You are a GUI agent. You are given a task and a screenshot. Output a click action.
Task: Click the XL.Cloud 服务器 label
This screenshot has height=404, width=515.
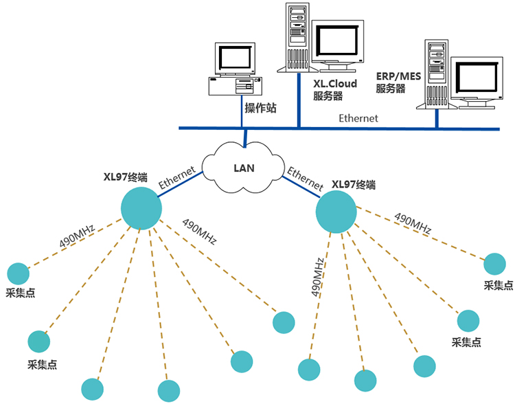[x=335, y=90]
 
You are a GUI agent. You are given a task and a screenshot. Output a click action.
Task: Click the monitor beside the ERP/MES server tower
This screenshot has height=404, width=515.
[x=477, y=80]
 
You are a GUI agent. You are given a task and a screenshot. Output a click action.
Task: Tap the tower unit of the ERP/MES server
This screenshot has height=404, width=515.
[x=436, y=74]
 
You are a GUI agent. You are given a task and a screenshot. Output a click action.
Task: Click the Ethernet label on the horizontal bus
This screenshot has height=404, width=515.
[x=358, y=118]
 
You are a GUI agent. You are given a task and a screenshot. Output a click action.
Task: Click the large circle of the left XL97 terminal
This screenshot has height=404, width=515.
[x=141, y=208]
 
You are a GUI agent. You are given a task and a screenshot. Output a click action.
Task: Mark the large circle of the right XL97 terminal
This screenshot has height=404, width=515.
[x=336, y=212]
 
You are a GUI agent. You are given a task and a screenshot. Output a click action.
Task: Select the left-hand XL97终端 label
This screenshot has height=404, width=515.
[x=125, y=177]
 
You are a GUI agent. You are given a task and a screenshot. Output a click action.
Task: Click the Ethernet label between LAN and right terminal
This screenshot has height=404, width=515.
[x=305, y=178]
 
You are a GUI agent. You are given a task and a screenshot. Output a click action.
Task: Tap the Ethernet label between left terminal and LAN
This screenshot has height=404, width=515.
[x=177, y=177]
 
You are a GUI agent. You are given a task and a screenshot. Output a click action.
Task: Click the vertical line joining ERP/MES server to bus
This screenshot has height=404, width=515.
[x=437, y=119]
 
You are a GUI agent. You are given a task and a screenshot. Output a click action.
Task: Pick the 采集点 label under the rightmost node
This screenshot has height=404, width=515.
[x=498, y=285]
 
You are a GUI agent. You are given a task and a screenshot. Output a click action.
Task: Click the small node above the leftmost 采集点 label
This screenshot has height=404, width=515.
[x=19, y=273]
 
